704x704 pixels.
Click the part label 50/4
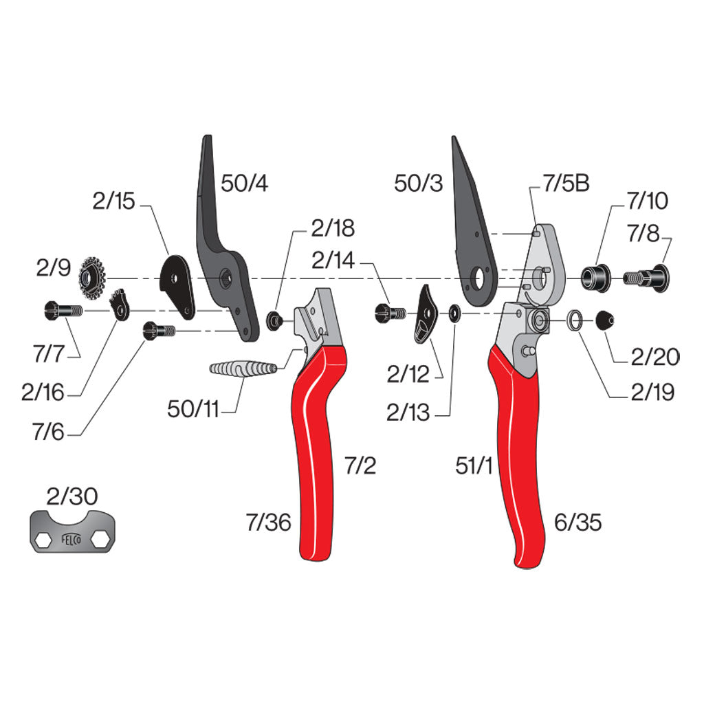click(244, 183)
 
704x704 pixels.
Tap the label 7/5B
click(566, 183)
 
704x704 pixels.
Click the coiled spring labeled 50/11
click(243, 368)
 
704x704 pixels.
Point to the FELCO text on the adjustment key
click(71, 539)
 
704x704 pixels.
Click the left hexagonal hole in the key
click(43, 540)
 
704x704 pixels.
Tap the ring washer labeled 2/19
click(575, 320)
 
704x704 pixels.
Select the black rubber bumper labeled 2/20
click(604, 320)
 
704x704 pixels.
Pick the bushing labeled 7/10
click(596, 278)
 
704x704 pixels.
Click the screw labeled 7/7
click(63, 310)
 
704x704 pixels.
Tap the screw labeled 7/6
click(159, 331)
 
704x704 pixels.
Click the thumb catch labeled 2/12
click(426, 314)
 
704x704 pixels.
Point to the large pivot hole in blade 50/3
click(479, 278)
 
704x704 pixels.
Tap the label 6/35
click(577, 522)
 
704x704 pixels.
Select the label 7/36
click(269, 522)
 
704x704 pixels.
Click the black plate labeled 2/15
click(178, 287)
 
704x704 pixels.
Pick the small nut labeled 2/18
click(275, 320)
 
